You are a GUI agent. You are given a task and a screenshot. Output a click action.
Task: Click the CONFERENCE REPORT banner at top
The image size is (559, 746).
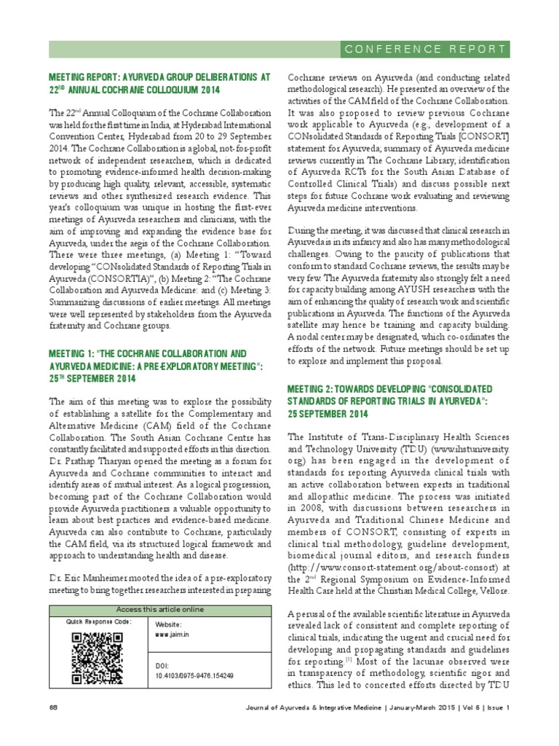coord(425,50)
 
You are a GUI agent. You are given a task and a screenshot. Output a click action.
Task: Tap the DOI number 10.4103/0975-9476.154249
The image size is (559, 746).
coord(194,676)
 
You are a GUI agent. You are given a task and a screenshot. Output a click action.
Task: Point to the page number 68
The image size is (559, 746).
coord(53,707)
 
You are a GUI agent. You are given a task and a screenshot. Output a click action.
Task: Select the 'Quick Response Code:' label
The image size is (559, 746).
coord(99,621)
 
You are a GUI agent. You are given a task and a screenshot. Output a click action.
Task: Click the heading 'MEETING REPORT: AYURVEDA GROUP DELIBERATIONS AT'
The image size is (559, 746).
coord(159,76)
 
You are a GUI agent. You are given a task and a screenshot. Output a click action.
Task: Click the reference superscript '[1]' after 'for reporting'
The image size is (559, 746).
coord(349,659)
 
